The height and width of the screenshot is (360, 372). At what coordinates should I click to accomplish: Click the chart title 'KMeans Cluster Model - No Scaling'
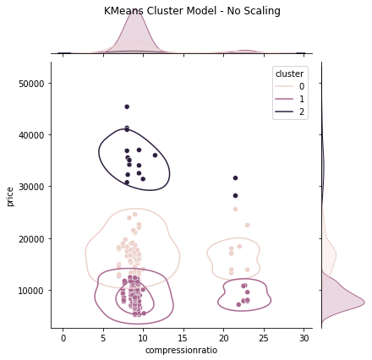pos(192,11)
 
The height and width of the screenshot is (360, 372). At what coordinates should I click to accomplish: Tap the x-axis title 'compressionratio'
pos(181,350)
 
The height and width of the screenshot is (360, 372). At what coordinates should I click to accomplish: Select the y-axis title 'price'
pos(9,197)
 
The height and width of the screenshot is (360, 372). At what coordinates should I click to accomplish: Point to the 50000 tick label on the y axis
pos(31,84)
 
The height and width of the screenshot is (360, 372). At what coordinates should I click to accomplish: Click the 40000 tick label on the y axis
pos(31,135)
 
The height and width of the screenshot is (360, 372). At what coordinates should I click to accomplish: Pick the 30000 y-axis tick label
pos(31,187)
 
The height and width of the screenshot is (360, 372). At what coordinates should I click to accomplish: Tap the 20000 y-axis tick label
pos(31,239)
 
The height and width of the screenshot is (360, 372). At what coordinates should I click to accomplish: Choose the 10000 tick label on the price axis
pos(31,291)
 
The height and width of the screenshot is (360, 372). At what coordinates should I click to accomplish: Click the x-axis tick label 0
pos(63,338)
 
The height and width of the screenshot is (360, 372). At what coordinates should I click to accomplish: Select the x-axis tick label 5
pos(103,338)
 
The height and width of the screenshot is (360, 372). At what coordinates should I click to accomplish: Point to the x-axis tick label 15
pos(183,338)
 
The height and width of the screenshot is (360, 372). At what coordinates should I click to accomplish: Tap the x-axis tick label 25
pos(264,338)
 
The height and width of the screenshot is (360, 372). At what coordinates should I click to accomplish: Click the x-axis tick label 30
pos(304,338)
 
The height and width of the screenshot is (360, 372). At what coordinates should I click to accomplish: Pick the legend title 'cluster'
pos(289,74)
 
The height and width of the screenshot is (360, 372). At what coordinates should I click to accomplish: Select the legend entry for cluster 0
pos(290,86)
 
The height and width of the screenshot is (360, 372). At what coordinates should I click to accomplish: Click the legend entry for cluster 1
pos(290,99)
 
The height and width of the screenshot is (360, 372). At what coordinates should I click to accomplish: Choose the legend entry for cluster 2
pos(290,112)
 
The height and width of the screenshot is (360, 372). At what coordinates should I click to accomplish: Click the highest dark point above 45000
pos(127,106)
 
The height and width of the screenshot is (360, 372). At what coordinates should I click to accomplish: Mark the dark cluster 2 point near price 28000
pos(235,195)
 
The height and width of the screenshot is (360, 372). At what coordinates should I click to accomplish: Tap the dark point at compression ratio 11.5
pos(155,155)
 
